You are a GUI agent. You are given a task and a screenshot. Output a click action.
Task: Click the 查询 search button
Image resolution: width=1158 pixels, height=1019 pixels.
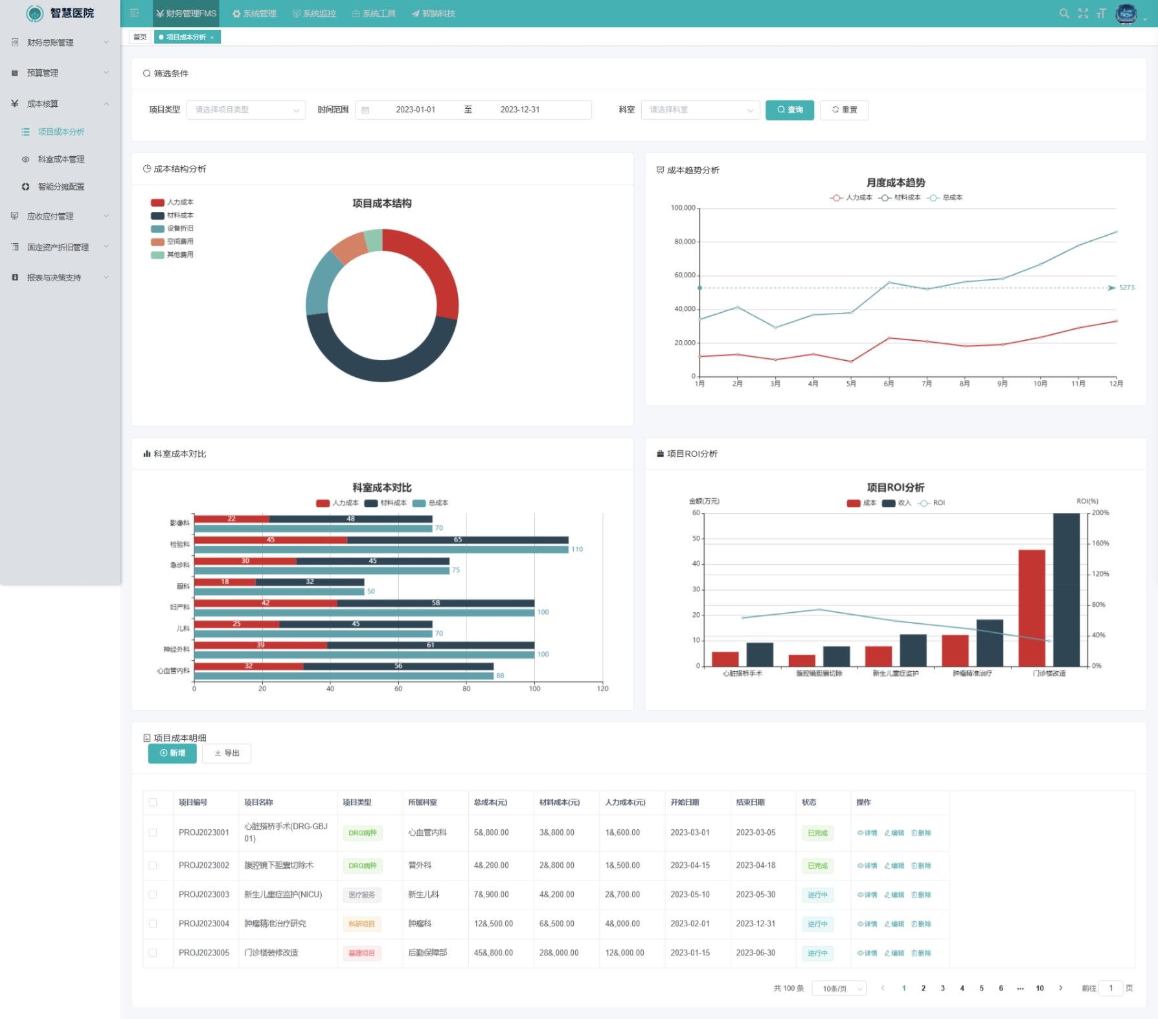tap(789, 110)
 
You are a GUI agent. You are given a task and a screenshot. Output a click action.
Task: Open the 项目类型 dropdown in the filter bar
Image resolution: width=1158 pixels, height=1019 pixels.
tap(245, 110)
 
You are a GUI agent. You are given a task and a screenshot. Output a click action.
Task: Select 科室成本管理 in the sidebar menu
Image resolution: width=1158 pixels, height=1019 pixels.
tap(61, 159)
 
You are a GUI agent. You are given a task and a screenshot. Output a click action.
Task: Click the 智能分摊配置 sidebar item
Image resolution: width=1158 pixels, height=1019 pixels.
tap(61, 187)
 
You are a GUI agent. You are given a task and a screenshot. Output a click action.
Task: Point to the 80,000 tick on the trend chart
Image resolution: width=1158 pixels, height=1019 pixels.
tap(685, 242)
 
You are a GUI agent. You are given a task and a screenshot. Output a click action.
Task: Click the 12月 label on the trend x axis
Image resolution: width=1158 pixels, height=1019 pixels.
tap(1116, 384)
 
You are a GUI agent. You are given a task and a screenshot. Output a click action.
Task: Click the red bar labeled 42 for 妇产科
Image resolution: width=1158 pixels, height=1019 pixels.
tap(266, 603)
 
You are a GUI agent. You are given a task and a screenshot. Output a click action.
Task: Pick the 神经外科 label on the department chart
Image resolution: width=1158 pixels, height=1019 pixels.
tap(176, 649)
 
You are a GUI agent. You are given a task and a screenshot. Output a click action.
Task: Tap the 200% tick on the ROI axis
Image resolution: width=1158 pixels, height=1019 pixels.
tap(1100, 513)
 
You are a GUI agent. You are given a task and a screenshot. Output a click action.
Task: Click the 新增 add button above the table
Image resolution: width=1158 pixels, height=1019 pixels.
tap(172, 753)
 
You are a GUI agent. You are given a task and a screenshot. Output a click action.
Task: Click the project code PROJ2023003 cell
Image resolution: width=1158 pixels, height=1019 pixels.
tap(204, 895)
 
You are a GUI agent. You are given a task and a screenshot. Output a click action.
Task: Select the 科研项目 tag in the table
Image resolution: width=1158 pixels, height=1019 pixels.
tap(361, 924)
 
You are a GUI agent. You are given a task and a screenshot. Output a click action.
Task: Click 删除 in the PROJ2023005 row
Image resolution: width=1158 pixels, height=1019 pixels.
tap(921, 954)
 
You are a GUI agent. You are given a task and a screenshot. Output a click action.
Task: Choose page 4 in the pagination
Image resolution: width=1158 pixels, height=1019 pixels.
tap(962, 989)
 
